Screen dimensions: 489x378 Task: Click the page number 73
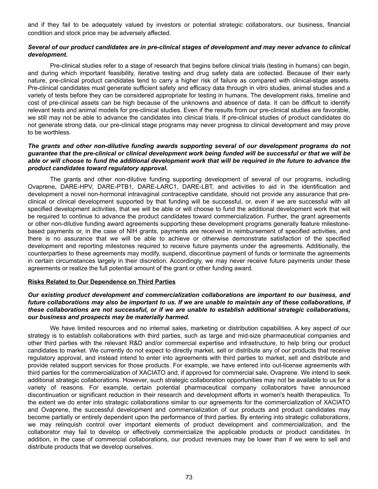(x=189, y=477)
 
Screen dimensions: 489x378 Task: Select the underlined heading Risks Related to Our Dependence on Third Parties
(x=101, y=282)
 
